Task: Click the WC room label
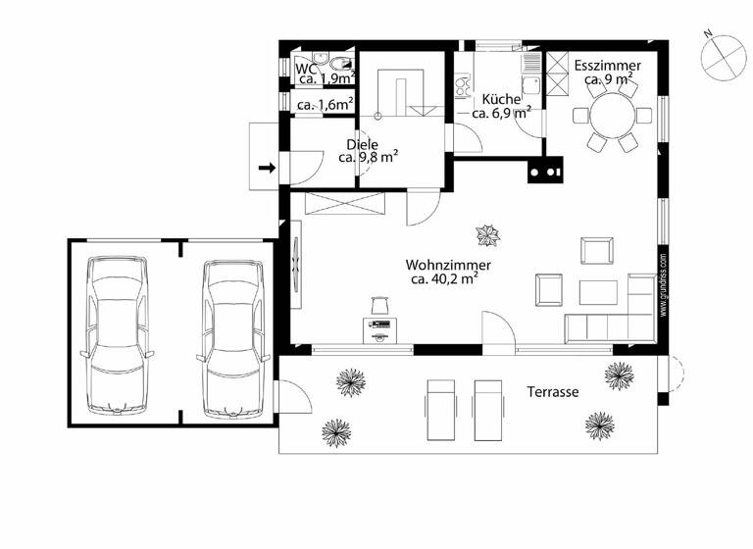(305, 69)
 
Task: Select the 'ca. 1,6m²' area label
(324, 104)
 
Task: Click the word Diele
(362, 144)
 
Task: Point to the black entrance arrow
(266, 168)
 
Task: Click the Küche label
(500, 99)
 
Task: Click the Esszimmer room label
(607, 66)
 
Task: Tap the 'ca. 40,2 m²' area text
(444, 279)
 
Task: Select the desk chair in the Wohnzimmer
(378, 307)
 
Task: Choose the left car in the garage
(116, 333)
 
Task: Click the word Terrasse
(552, 391)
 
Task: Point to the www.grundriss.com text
(663, 285)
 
